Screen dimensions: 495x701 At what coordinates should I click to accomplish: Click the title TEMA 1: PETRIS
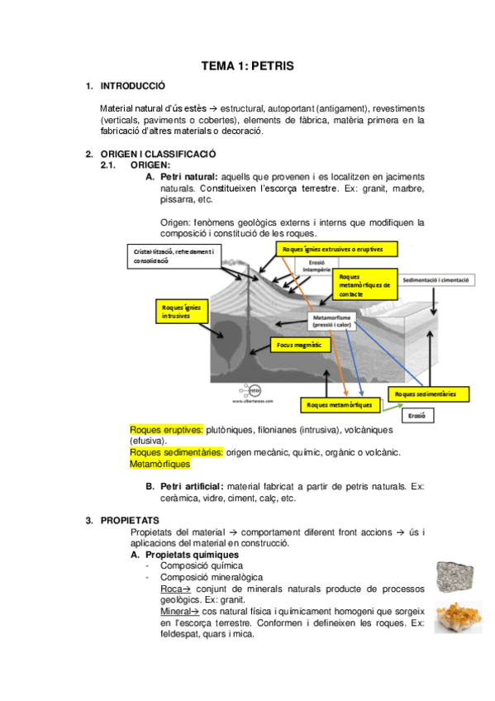(248, 66)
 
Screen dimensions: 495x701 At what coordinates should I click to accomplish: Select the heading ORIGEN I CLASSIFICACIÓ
(158, 154)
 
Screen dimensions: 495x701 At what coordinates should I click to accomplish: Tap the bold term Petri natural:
(189, 177)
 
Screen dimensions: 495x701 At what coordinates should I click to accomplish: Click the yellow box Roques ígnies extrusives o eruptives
(337, 249)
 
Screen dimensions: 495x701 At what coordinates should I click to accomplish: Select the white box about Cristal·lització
(174, 256)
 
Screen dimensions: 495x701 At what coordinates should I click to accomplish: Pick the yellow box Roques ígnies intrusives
(182, 311)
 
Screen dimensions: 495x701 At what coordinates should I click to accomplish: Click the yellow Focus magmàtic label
(301, 345)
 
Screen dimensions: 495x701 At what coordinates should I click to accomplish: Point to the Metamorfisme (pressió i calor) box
(331, 321)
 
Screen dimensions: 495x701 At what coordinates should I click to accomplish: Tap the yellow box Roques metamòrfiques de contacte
(365, 284)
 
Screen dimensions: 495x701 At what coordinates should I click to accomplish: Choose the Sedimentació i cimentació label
(436, 280)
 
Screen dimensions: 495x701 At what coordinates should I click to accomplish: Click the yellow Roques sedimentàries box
(428, 394)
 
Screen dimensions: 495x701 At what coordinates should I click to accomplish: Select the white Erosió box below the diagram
(417, 416)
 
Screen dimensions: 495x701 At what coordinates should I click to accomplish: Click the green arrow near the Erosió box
(393, 407)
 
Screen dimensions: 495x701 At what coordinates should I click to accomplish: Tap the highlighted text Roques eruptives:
(166, 430)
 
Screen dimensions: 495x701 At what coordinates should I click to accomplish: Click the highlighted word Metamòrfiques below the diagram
(160, 464)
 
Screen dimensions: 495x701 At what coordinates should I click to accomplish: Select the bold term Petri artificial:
(192, 486)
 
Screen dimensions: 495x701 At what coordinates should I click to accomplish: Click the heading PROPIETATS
(130, 521)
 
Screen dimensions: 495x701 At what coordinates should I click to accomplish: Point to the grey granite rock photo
(455, 577)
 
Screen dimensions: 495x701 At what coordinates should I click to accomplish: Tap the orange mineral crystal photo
(459, 618)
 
